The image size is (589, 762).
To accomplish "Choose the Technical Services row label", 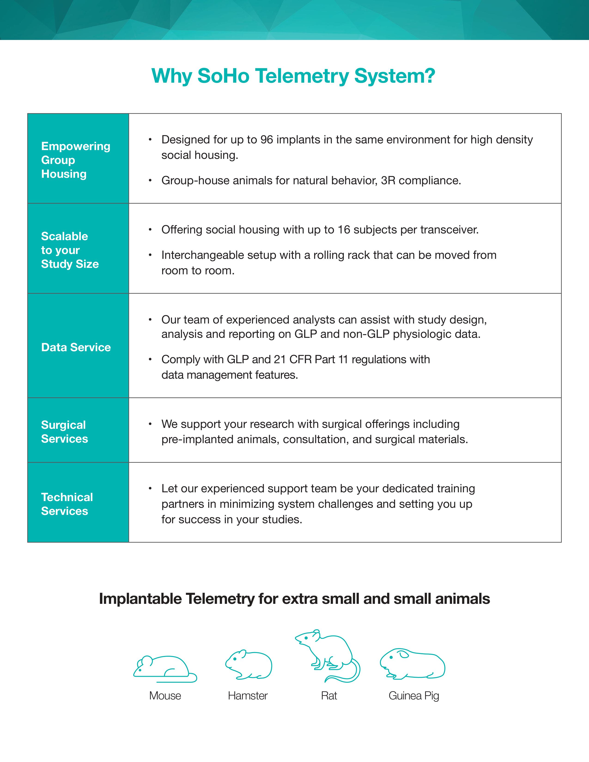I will coord(67,504).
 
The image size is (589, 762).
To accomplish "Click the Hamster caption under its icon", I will coord(248,696).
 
